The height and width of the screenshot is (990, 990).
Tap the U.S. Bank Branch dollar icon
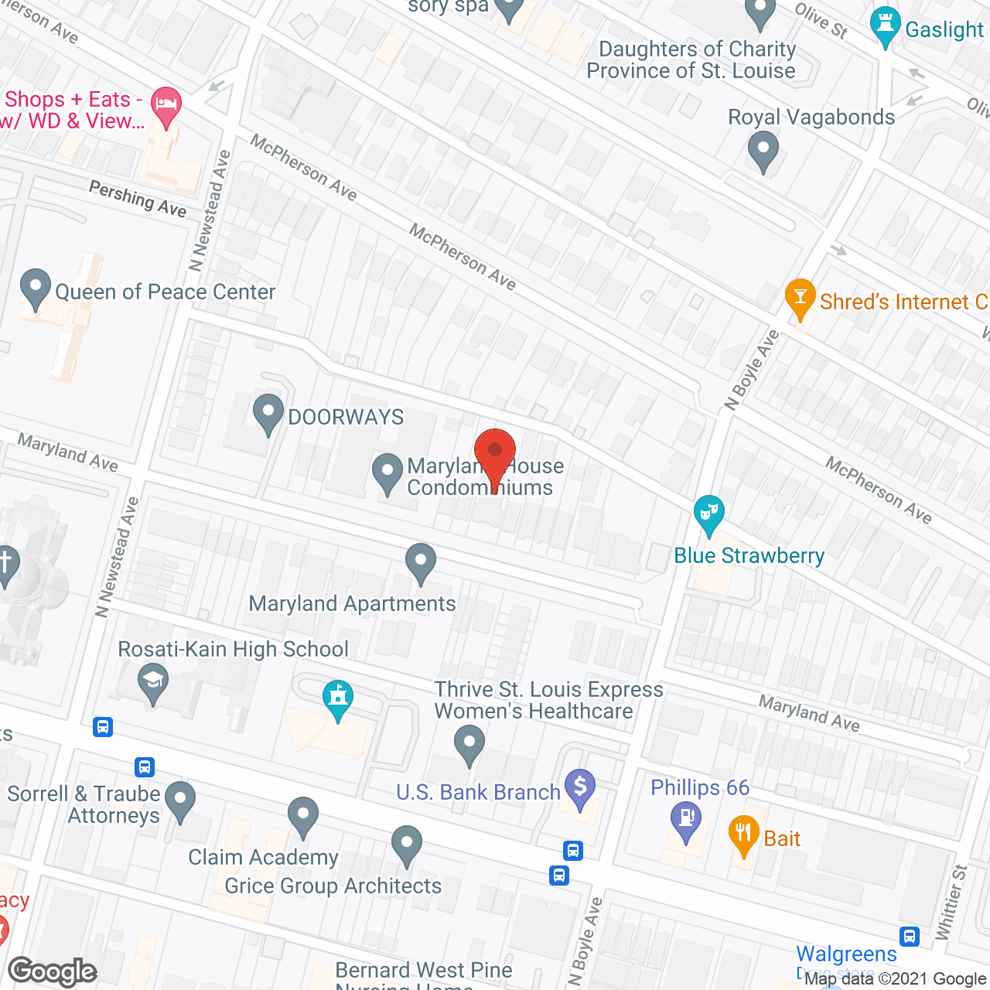pyautogui.click(x=580, y=788)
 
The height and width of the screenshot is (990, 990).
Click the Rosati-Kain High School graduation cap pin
pyautogui.click(x=153, y=682)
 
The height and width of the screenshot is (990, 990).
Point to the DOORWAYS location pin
pyautogui.click(x=268, y=413)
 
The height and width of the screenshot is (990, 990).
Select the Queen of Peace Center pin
pyautogui.click(x=35, y=288)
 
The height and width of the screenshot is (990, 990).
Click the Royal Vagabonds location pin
pyautogui.click(x=763, y=150)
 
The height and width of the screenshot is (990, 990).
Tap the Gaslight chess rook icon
pyautogui.click(x=886, y=27)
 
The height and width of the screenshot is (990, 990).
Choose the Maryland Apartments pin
pyautogui.click(x=421, y=563)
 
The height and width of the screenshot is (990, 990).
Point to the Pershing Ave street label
pyautogui.click(x=138, y=199)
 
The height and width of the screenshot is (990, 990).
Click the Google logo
pyautogui.click(x=53, y=971)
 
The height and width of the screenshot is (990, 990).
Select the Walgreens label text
pyautogui.click(x=846, y=954)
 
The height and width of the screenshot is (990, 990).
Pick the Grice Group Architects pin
pyautogui.click(x=406, y=845)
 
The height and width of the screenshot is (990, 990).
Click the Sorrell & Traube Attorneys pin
pyautogui.click(x=180, y=801)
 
